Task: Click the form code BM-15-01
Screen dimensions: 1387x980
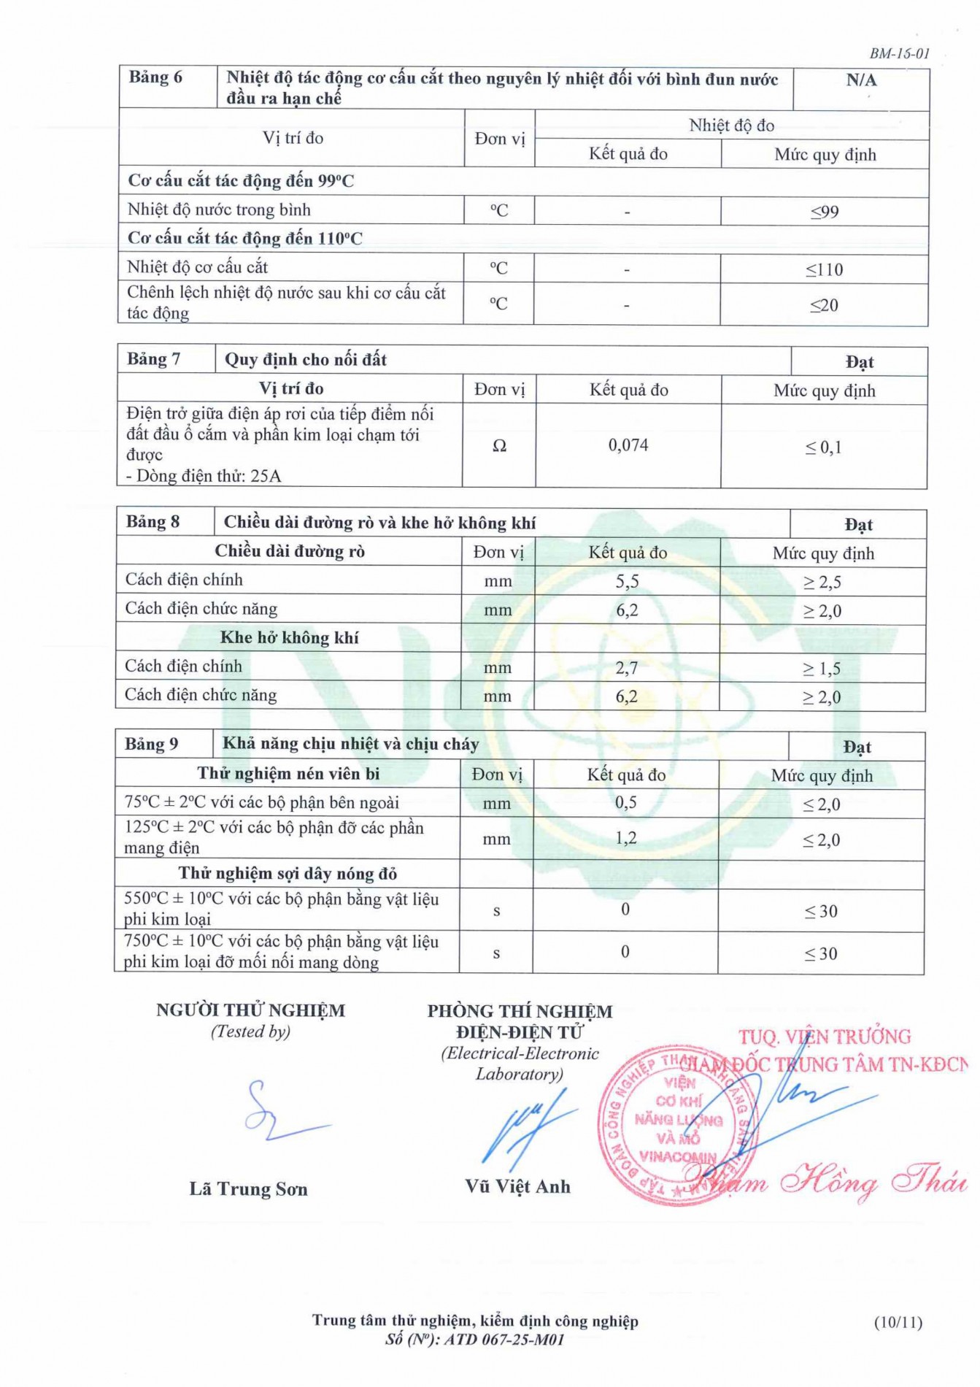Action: tap(899, 53)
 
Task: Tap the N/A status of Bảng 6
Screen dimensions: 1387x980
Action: tap(861, 80)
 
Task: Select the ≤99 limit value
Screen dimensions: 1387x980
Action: tap(825, 212)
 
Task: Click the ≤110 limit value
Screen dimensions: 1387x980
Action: tap(824, 269)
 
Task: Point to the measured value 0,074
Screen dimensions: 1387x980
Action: tap(628, 445)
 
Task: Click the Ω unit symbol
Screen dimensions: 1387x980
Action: tap(499, 445)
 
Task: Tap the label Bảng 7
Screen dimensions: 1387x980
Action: tap(153, 359)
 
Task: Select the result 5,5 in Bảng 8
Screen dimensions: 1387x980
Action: tap(627, 581)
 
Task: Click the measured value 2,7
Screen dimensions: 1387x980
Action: tap(626, 667)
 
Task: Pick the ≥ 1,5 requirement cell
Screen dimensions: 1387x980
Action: tap(822, 668)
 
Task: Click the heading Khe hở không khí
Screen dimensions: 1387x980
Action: tap(289, 637)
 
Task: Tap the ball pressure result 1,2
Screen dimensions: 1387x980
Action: tap(625, 838)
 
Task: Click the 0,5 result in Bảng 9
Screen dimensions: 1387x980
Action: tap(625, 802)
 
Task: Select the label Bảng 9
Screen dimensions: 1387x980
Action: tap(151, 744)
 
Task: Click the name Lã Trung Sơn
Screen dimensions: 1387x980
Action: tap(248, 1189)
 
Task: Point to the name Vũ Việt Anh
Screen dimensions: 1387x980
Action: tap(517, 1186)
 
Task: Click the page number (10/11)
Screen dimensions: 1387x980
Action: tap(898, 1322)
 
